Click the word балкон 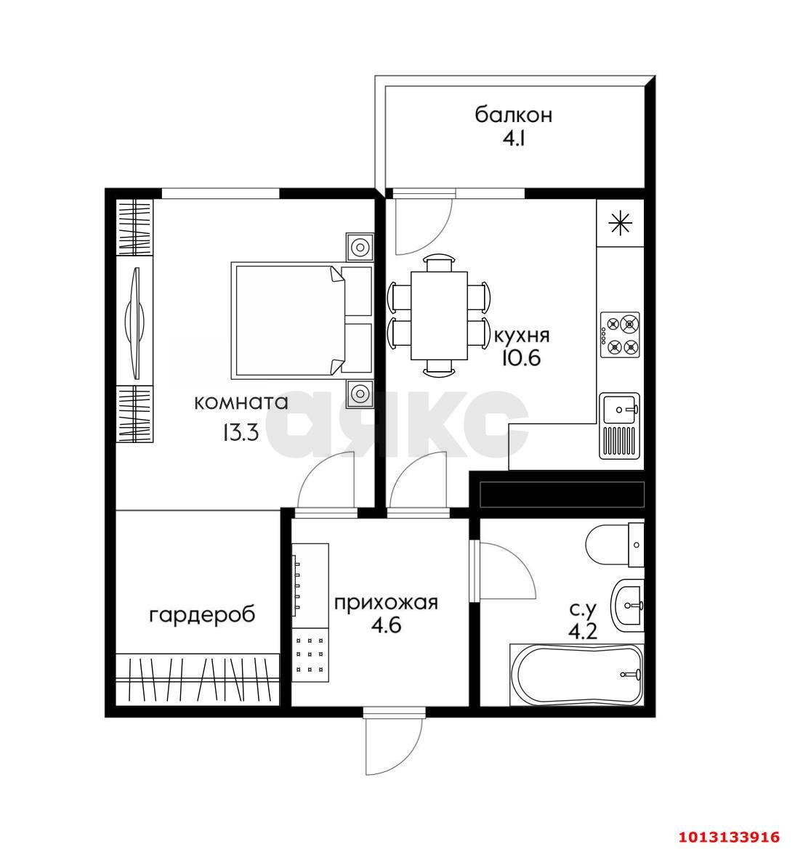[x=513, y=115]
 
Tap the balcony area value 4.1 [x=513, y=139]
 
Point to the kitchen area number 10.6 [x=521, y=358]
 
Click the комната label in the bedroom [x=241, y=402]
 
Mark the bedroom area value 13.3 [x=241, y=433]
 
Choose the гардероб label [x=202, y=615]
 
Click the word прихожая [x=386, y=602]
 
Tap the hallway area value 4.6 [x=386, y=625]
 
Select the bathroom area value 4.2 [x=582, y=631]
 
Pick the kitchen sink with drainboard [x=621, y=426]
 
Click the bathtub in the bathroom [x=576, y=673]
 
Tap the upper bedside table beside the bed [x=360, y=247]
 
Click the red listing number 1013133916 [x=729, y=837]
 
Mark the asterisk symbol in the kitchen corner [x=619, y=223]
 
